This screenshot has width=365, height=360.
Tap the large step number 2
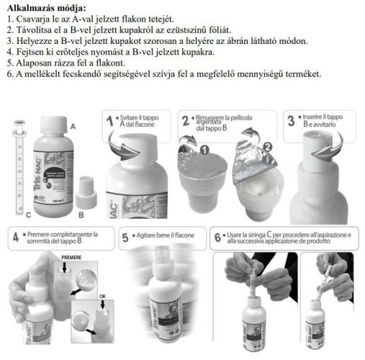tap(186, 122)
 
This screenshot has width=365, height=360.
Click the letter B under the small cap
tap(81, 214)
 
